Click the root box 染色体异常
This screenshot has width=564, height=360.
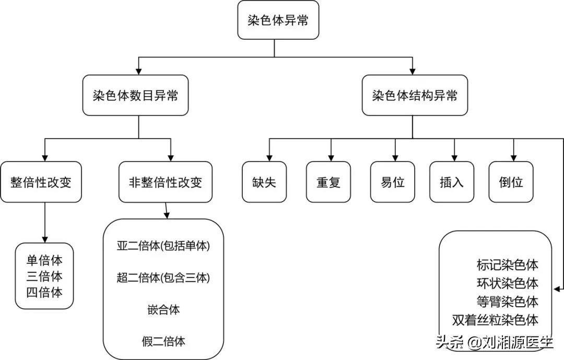pos(277,20)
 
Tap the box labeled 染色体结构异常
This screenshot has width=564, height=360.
pos(415,96)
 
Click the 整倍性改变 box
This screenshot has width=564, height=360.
pos(41,182)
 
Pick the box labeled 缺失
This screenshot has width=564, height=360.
pos(264,182)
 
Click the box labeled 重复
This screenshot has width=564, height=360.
pos(328,182)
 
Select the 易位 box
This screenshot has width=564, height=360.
pos(393,182)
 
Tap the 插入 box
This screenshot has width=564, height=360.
pos(452,182)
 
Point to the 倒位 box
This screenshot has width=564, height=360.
pos(511,182)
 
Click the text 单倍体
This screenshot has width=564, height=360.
pos(44,261)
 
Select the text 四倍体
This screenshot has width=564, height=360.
pos(44,292)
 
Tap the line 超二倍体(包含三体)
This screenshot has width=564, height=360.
pos(163,278)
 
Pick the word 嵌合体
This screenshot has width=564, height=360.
pos(163,309)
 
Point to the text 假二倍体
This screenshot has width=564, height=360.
pos(163,342)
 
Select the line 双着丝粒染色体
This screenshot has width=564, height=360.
pos(495,319)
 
